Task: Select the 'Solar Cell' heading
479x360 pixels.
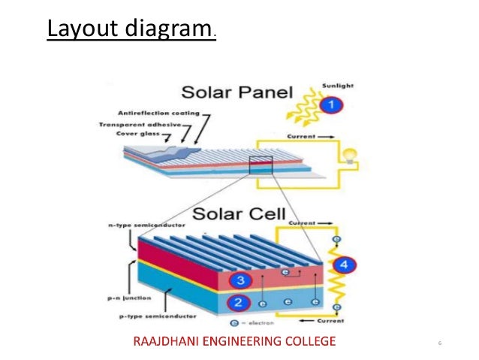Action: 239,213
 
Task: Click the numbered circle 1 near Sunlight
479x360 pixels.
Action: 327,106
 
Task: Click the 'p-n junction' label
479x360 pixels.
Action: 123,298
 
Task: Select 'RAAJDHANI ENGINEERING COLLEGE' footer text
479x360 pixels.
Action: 234,342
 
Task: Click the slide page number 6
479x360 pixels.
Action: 439,343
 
